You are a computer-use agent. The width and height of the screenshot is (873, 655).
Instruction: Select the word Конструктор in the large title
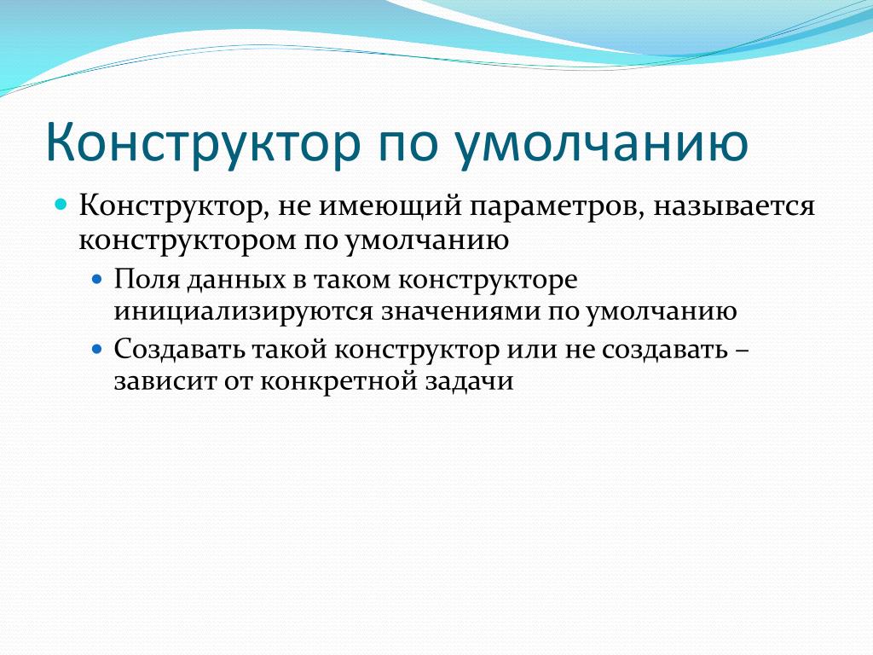203,142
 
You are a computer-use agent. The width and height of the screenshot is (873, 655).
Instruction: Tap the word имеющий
390,206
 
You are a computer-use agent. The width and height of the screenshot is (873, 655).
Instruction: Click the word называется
734,207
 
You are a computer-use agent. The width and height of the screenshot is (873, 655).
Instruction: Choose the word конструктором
187,241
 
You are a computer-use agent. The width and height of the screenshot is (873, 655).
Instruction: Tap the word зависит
165,382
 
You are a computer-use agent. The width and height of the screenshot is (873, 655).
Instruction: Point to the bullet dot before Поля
97,278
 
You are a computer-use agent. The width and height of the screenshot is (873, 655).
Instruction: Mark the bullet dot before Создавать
97,349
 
